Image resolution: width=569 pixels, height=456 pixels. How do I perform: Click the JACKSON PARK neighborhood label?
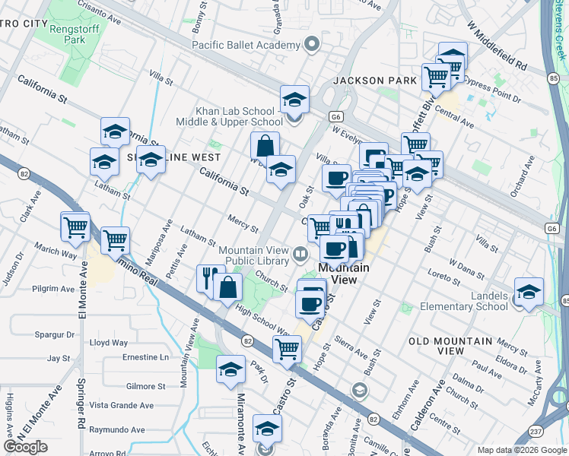[374, 80]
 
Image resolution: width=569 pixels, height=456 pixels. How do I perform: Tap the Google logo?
[26, 447]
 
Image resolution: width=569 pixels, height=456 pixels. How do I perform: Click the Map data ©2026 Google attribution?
[521, 450]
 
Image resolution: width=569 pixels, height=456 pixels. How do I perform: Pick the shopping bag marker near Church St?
[229, 287]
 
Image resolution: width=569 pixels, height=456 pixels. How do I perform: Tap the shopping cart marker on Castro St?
[287, 349]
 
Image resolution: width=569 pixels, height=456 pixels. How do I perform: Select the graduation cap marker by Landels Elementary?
[528, 291]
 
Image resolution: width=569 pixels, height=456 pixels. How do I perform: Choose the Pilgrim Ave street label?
[53, 289]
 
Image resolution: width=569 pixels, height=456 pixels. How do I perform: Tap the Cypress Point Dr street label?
[491, 89]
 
